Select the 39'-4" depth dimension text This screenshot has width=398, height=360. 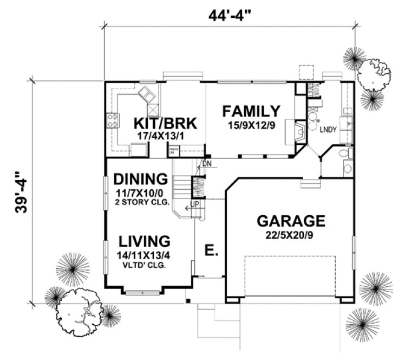pyautogui.click(x=21, y=193)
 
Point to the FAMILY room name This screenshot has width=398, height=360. pyautogui.click(x=252, y=112)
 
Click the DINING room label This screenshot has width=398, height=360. pyautogui.click(x=140, y=179)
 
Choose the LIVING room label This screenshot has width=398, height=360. pyautogui.click(x=143, y=241)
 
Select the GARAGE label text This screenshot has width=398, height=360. pyautogui.click(x=291, y=221)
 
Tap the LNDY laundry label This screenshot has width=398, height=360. pyautogui.click(x=327, y=131)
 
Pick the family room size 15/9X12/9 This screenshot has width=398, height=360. pyautogui.click(x=253, y=125)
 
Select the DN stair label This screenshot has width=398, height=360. pyautogui.click(x=206, y=163)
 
